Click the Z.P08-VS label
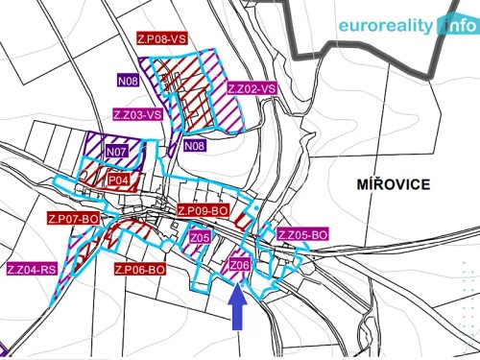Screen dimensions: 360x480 point(175,40)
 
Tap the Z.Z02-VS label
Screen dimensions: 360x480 point(252,88)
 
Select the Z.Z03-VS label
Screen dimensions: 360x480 point(137,114)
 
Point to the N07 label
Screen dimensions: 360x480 point(117,152)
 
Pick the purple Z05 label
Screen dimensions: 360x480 point(199,237)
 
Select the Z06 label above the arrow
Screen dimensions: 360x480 point(239,265)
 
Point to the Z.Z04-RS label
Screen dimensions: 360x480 point(33,270)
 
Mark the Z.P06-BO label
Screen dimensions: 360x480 point(139,270)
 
